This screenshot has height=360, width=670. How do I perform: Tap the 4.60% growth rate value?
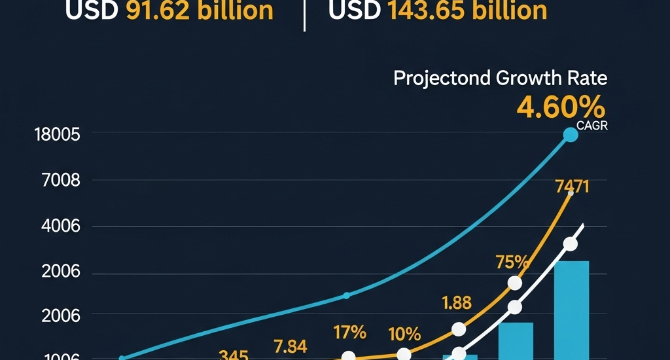click(560, 107)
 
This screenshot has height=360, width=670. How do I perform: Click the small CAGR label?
click(592, 127)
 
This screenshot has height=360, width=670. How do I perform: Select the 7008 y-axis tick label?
click(61, 181)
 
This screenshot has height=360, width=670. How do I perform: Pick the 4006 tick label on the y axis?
click(61, 226)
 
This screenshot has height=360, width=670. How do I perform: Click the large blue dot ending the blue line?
click(571, 135)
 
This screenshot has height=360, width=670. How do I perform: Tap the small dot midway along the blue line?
click(346, 295)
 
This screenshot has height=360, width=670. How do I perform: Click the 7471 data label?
click(572, 187)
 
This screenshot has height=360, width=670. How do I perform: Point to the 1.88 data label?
click(456, 303)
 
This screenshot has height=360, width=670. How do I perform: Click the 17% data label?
click(350, 333)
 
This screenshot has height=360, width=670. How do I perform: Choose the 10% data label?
click(404, 334)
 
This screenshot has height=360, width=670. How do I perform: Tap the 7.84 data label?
click(290, 346)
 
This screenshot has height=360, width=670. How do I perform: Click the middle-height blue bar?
click(516, 341)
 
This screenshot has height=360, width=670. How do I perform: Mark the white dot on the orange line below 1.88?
click(459, 329)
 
